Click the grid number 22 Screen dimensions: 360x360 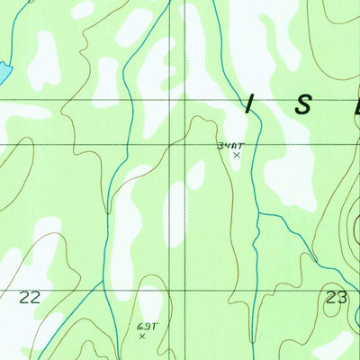pyautogui.click(x=31, y=297)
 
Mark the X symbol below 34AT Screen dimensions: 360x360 pyautogui.click(x=237, y=156)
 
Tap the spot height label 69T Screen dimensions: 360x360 pyautogui.click(x=147, y=327)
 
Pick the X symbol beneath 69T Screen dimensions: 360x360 pyautogui.click(x=142, y=337)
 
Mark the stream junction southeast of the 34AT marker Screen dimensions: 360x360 pyautogui.click(x=258, y=213)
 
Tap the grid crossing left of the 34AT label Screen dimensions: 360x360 pyautogui.click(x=186, y=143)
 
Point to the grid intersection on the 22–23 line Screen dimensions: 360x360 pyautogui.click(x=186, y=290)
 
